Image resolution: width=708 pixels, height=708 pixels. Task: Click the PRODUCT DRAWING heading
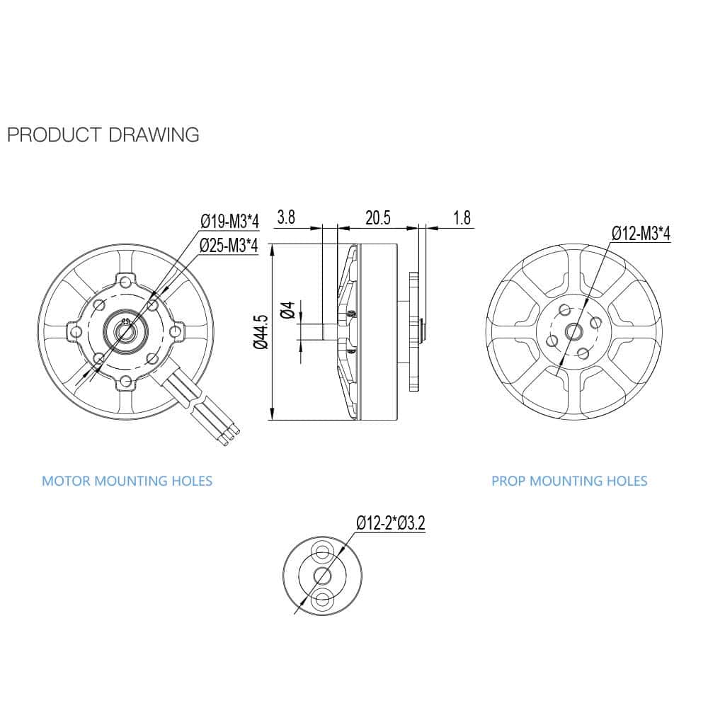103,135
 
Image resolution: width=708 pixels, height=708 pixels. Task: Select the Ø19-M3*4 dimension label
229,222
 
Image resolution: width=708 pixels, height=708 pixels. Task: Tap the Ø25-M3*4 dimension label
229,245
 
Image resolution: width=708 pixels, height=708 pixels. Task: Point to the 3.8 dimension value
287,217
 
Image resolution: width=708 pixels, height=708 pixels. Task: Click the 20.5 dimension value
377,217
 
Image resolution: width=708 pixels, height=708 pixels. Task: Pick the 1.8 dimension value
462,217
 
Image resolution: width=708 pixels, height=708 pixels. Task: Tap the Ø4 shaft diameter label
287,310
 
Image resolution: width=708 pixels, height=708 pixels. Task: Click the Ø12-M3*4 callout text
641,234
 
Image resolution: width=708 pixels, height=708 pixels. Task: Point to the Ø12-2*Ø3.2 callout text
390,524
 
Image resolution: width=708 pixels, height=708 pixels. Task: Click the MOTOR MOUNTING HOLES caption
127,481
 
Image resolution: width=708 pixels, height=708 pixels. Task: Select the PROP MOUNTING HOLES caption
569,481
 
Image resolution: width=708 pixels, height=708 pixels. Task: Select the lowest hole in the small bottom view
323,599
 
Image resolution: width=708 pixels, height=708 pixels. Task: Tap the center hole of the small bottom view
323,575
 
